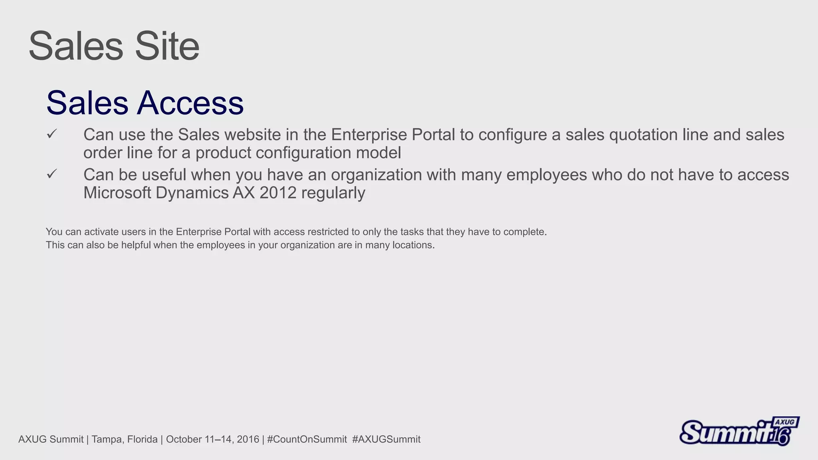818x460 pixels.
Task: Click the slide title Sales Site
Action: pos(114,46)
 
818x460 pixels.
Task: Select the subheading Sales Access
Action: pos(145,103)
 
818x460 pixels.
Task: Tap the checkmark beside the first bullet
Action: pos(52,134)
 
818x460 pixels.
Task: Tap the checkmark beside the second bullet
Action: pos(52,174)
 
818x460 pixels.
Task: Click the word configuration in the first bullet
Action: pos(303,153)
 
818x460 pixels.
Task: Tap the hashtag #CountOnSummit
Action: pos(307,440)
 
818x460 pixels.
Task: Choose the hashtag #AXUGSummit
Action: pos(386,440)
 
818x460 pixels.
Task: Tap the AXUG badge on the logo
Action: pos(785,422)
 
